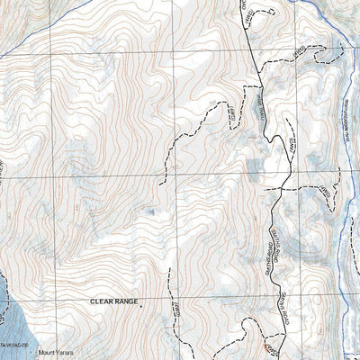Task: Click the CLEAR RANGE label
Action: tap(114, 302)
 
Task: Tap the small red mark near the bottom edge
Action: tap(264, 346)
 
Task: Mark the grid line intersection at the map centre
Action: tap(175, 174)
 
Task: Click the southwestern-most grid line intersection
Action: tap(51, 297)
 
